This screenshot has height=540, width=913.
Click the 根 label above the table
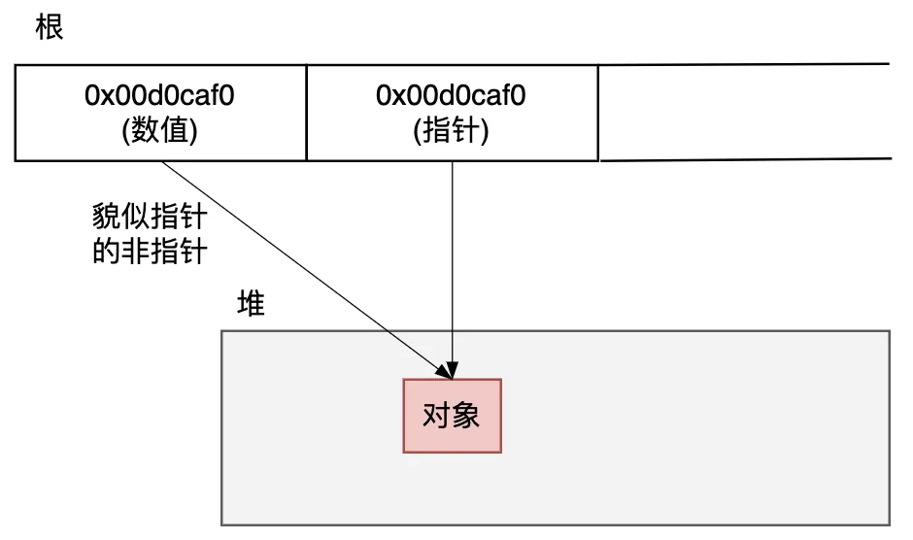[49, 26]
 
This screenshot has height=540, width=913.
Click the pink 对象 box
[452, 416]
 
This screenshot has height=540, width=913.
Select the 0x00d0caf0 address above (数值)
[160, 96]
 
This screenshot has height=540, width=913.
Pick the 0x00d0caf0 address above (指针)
[452, 96]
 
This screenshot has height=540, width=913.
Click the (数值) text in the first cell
[160, 129]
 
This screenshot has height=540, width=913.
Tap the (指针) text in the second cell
[452, 129]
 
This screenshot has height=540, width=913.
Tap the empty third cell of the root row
[743, 113]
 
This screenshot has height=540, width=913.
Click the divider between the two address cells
[306, 113]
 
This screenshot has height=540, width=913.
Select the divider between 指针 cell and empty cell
[598, 113]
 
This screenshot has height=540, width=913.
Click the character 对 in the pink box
[436, 416]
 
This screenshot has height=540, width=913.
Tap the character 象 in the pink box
[466, 416]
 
